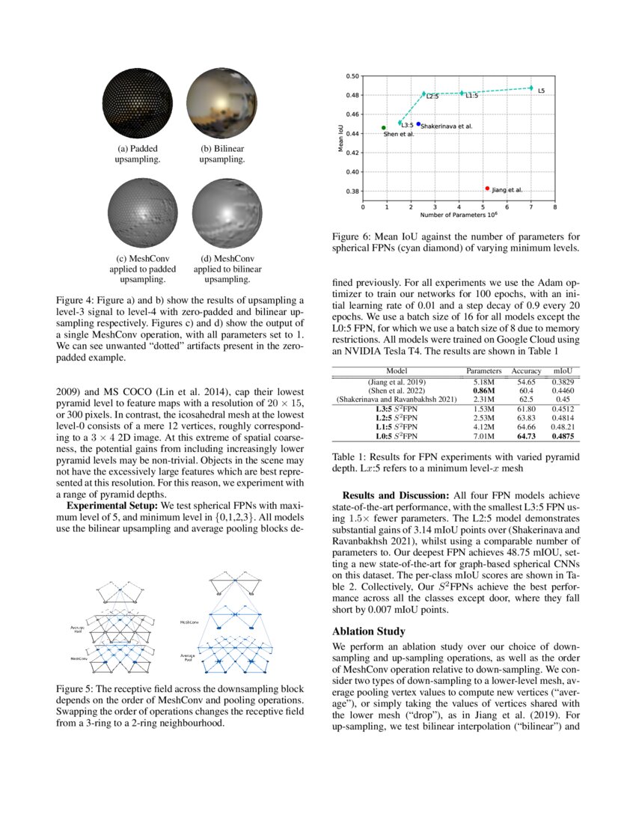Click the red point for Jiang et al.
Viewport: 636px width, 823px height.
(x=487, y=189)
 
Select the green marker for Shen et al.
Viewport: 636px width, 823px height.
(x=384, y=128)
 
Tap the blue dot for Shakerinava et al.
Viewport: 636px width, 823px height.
(x=418, y=124)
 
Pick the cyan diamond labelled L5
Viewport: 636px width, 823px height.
(x=531, y=88)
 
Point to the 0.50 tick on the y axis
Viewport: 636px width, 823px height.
(x=352, y=76)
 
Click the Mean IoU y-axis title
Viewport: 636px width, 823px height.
(x=340, y=138)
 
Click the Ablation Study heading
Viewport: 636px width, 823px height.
(x=369, y=631)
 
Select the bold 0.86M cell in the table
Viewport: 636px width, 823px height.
(x=483, y=391)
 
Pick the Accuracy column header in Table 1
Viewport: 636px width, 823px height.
(x=526, y=371)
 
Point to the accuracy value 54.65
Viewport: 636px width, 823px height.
(x=526, y=382)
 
